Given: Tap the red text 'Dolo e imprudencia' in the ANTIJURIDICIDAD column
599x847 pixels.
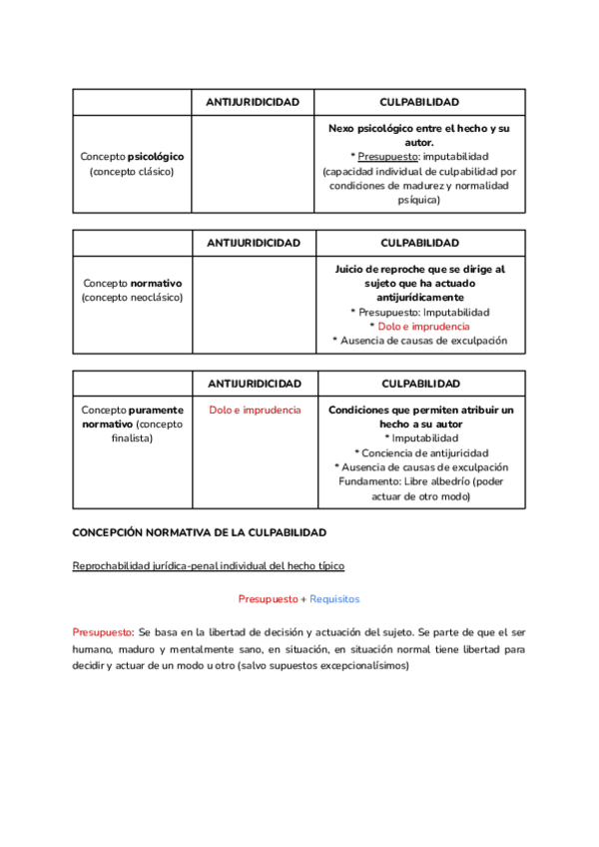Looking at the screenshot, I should [255, 411].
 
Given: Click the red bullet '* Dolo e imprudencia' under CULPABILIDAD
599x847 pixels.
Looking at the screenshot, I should [419, 326].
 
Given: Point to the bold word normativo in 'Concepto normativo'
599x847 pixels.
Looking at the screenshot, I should [154, 284].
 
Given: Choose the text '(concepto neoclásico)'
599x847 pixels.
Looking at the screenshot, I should [132, 298].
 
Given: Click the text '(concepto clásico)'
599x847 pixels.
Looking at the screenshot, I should [132, 171].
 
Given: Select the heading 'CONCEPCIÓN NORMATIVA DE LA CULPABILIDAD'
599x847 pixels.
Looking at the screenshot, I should [200, 533].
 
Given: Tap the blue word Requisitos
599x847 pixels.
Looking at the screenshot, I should [334, 599].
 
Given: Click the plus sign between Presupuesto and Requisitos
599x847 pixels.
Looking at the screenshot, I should [303, 599].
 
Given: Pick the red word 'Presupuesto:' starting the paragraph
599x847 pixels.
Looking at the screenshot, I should [103, 632].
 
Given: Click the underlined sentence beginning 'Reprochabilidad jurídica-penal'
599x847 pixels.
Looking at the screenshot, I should [209, 566].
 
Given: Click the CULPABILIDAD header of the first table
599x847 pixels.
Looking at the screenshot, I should [420, 103].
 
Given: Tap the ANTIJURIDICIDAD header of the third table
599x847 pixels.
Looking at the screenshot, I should [255, 384].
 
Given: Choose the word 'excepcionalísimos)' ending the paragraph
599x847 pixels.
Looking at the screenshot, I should [360, 666].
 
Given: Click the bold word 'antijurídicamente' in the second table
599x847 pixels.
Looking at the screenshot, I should [420, 298].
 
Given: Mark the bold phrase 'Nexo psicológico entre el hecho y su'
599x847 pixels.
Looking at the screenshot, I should [419, 129].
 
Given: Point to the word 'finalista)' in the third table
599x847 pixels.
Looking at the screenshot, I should [132, 438].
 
